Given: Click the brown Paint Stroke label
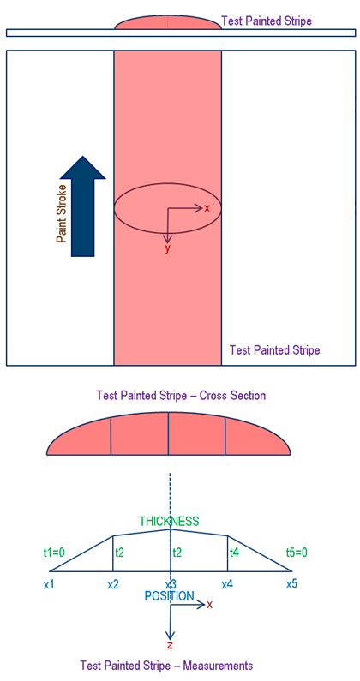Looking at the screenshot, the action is [63, 213].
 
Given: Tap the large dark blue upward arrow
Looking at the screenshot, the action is [83, 206].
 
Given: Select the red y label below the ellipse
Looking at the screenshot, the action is [168, 249].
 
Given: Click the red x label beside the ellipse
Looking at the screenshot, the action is [207, 208].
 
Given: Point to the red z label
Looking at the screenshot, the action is [170, 644].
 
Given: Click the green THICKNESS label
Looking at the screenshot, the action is [169, 521].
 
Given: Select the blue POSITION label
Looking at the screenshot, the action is [169, 596].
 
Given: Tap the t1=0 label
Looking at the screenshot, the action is [54, 552].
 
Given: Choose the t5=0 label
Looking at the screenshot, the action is [297, 552].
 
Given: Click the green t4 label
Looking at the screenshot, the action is [234, 552].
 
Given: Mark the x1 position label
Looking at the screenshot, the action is [49, 584].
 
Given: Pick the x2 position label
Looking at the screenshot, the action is [113, 584].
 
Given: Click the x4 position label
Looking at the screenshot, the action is [227, 584].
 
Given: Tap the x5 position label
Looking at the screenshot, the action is [291, 584].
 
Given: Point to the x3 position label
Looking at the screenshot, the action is [170, 584].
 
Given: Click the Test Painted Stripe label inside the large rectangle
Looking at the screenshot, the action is [275, 350].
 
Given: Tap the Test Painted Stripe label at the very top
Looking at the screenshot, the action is [267, 21].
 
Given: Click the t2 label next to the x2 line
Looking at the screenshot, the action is [119, 552].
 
